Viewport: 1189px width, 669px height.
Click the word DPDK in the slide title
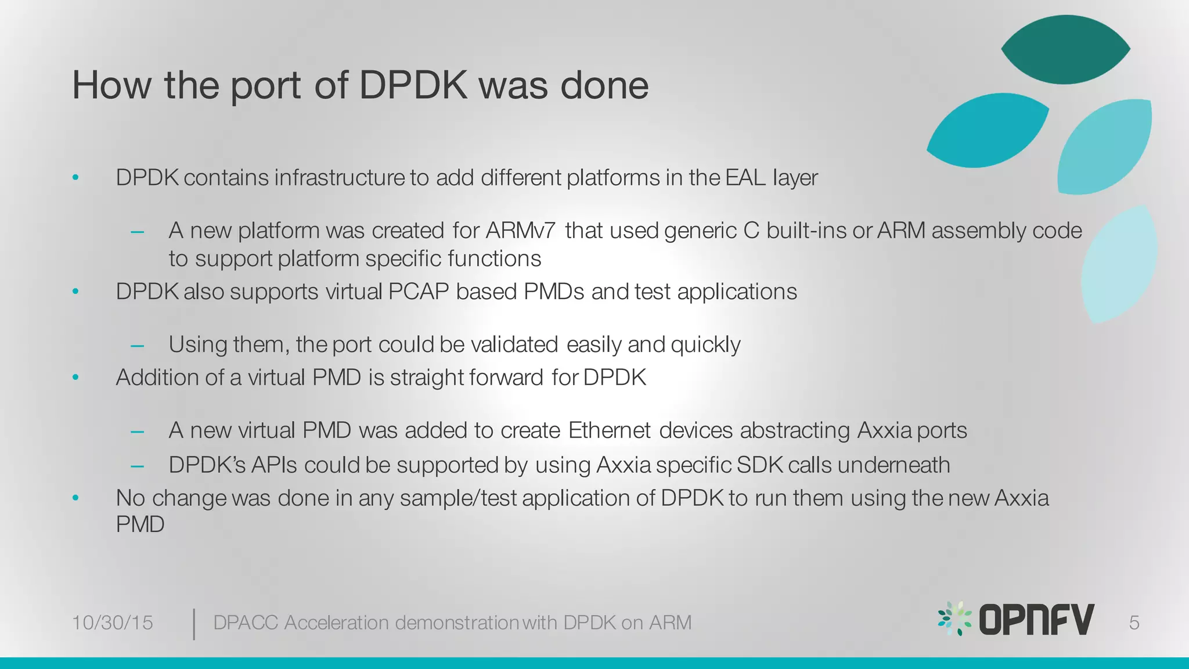click(x=413, y=85)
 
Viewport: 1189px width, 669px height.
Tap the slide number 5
click(x=1134, y=623)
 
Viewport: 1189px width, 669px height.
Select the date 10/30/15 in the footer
click(x=112, y=623)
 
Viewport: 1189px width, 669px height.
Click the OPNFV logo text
click(x=1036, y=620)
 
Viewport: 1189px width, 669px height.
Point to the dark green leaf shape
click(x=1066, y=50)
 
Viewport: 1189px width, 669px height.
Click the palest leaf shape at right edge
click(x=1119, y=264)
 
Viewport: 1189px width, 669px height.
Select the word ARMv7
click(x=520, y=231)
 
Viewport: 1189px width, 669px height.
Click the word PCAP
click(x=419, y=292)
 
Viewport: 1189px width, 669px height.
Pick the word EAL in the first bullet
click(x=745, y=178)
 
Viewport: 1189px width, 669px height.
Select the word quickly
click(x=705, y=345)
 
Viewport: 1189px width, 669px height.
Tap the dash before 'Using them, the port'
click(x=138, y=346)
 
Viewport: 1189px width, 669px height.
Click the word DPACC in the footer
click(x=246, y=623)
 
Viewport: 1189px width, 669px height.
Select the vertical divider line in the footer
click(x=193, y=624)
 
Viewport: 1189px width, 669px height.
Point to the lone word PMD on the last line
click(x=140, y=524)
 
